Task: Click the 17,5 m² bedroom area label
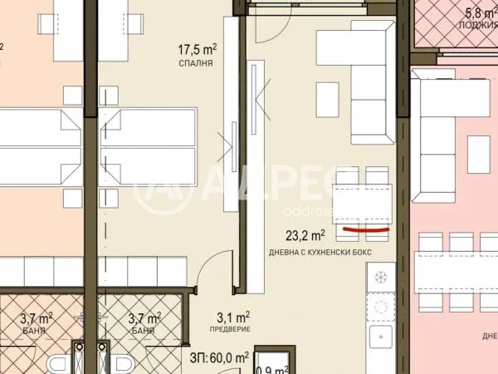[197, 48]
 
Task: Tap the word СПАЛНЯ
[197, 62]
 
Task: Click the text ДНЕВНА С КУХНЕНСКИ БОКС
[320, 252]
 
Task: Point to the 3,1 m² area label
[232, 317]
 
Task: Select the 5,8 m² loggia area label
[477, 12]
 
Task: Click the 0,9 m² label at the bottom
[271, 368]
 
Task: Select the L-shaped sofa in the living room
[365, 83]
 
